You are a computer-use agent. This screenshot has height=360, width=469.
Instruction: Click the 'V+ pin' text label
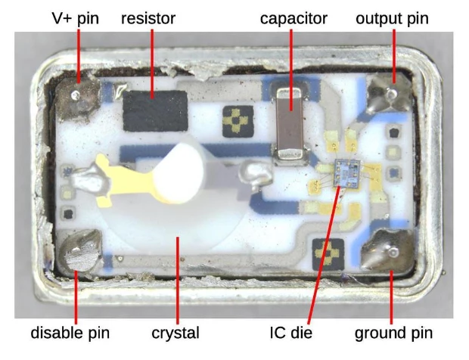click(75, 19)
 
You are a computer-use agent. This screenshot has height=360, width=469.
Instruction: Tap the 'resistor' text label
click(148, 19)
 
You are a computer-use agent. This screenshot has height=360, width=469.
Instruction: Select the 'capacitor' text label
click(294, 19)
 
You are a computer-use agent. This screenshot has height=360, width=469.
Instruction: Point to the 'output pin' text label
click(392, 19)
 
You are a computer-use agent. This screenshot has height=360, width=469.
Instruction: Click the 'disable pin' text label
click(70, 333)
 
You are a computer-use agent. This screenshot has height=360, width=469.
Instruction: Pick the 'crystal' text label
click(175, 333)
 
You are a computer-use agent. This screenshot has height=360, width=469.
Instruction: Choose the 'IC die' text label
click(290, 333)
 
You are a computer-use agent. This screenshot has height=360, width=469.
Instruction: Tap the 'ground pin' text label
click(393, 333)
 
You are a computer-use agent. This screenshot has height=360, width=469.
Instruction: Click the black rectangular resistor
click(155, 111)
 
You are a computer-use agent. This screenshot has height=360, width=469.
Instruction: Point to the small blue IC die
click(347, 174)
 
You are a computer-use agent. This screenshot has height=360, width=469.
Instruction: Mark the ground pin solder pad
click(388, 250)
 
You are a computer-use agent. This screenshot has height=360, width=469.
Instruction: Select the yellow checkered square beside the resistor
click(238, 122)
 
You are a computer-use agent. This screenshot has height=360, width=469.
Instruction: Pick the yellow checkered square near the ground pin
click(328, 254)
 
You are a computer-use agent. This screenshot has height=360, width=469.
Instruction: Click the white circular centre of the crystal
click(179, 173)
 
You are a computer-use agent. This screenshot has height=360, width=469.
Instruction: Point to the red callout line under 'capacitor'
click(291, 70)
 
